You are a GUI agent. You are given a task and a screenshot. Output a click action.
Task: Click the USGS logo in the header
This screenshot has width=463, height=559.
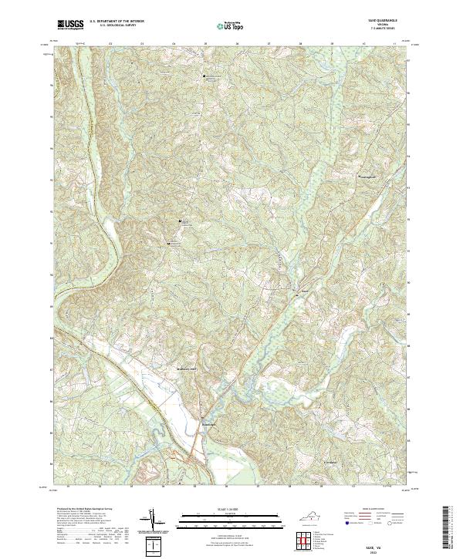pos(70,25)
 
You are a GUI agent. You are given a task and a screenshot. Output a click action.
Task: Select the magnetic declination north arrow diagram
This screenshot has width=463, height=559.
pos(152,520)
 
